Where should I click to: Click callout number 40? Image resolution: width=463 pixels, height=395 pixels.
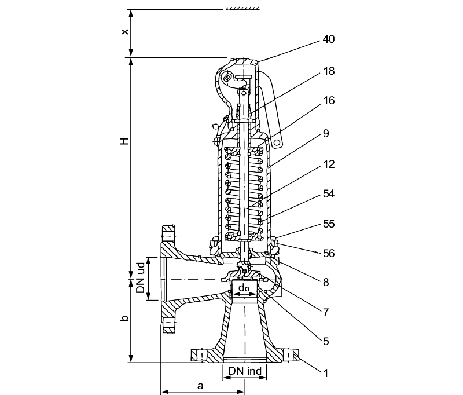coord(329,39)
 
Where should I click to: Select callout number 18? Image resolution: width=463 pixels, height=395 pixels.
coord(329,71)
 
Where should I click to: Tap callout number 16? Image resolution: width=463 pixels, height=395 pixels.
coord(329,101)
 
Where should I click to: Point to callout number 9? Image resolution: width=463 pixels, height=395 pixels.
coord(326,134)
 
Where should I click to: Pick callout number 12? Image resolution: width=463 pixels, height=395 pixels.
coord(329,164)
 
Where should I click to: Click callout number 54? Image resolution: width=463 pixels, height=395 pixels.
coord(329,194)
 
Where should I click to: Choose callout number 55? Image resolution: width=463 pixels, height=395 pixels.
coord(329,224)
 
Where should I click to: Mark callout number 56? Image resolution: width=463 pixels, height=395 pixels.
coord(329,253)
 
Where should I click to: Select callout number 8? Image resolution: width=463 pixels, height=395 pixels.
coord(326,283)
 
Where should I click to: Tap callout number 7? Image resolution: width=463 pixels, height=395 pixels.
coord(326,312)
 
